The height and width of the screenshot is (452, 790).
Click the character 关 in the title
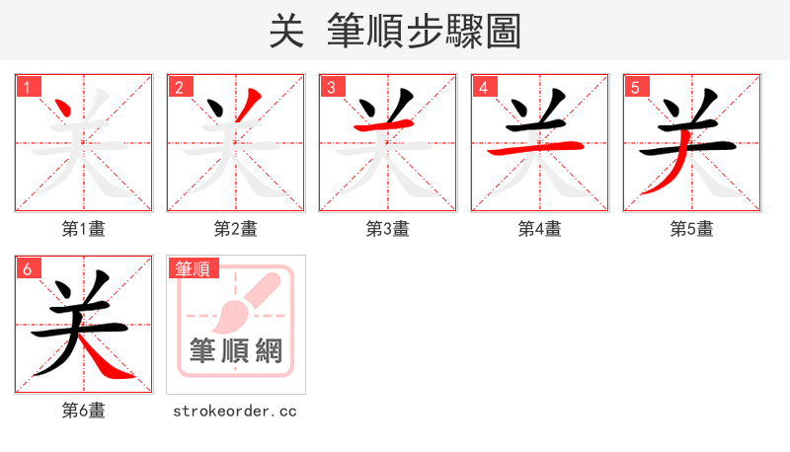285,31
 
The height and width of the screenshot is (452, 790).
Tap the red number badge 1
27,87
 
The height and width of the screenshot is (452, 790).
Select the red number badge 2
179,87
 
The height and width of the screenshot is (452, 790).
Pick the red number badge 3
331,87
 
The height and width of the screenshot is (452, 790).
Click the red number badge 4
483,87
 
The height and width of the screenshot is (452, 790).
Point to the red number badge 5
635,87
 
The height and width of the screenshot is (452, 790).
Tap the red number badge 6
27,268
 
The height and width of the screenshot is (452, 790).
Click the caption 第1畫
84,229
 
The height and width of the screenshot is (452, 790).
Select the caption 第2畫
236,229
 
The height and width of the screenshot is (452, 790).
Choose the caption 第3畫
388,229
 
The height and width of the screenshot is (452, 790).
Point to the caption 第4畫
540,229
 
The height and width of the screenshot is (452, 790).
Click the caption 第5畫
692,229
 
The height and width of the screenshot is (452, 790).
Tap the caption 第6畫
84,411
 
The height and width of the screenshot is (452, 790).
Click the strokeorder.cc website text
235,411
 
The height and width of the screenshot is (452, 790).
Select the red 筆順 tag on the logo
194,268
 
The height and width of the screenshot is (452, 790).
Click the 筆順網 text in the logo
236,349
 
